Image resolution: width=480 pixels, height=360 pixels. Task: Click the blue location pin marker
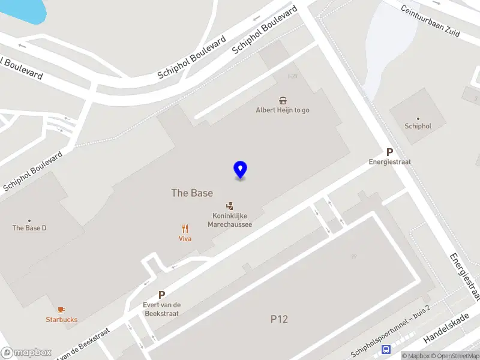pos(240,170)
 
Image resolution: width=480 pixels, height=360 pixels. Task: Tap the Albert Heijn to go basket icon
pos(283,100)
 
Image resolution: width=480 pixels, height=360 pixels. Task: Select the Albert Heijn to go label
pos(283,110)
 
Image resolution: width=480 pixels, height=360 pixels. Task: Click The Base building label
pos(192,193)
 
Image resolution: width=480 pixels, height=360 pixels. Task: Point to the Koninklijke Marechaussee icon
pos(229,206)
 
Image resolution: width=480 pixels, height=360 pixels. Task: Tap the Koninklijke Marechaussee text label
pos(229,220)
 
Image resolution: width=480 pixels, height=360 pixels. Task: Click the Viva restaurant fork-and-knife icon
pos(185,228)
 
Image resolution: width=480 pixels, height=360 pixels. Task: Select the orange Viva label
pos(185,239)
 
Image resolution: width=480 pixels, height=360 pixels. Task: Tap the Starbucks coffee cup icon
pos(61,310)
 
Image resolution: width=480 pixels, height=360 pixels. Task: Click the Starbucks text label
pos(61,320)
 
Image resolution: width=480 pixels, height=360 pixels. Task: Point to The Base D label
pos(29,228)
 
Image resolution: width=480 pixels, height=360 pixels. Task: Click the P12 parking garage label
pos(278,319)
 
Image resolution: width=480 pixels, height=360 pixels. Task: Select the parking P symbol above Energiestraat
pos(389,152)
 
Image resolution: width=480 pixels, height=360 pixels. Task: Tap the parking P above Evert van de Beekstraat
pos(161,295)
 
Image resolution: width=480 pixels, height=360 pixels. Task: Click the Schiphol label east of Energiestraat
pos(418,126)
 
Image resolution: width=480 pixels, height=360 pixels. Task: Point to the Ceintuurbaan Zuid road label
pos(430,22)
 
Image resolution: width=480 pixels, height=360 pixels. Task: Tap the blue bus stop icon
pos(387,349)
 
